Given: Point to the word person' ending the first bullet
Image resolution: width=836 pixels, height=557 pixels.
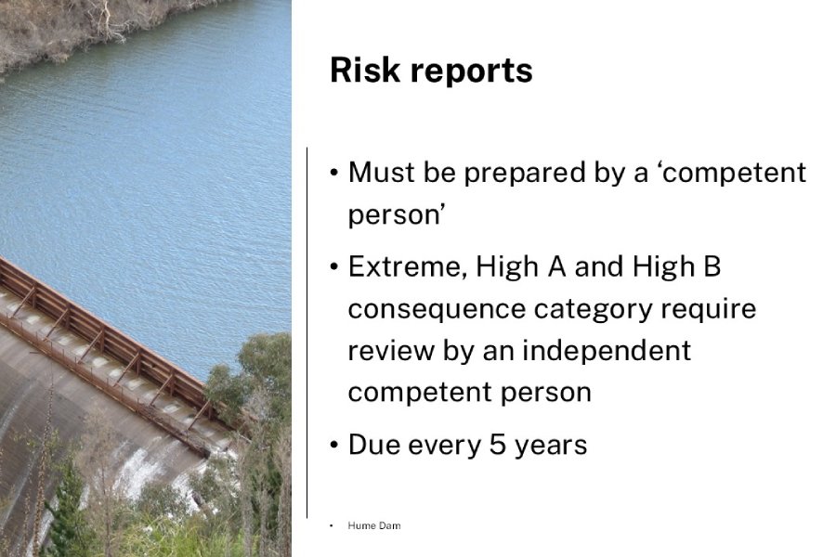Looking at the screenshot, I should (392, 216).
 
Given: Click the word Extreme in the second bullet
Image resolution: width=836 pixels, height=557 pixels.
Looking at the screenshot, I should (405, 267).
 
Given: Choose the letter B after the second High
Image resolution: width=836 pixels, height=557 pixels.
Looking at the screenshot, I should (711, 267).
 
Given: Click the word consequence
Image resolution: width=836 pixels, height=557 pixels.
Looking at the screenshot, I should (434, 309).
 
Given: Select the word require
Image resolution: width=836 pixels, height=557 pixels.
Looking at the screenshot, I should (711, 309).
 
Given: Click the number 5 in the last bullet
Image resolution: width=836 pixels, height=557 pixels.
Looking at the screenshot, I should (476, 445).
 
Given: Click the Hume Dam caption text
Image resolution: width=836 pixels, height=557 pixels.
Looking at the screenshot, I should (373, 525).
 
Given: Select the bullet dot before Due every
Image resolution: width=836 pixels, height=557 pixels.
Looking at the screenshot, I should (334, 446).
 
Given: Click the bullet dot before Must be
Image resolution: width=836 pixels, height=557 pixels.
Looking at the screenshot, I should (334, 174).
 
